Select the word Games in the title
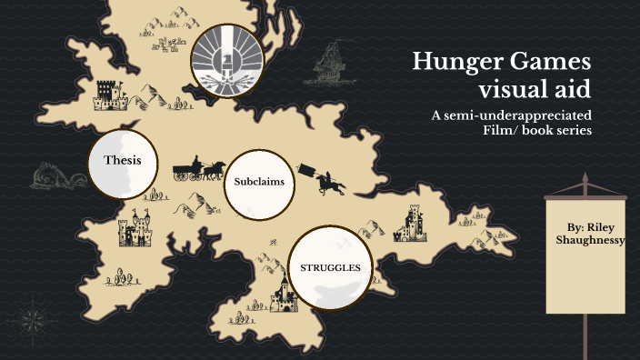click(x=544, y=63)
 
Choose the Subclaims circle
click(x=259, y=183)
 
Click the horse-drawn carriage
click(x=198, y=169)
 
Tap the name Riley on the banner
click(x=605, y=225)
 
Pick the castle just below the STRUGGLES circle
click(x=285, y=295)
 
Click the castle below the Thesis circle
click(x=136, y=230)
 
